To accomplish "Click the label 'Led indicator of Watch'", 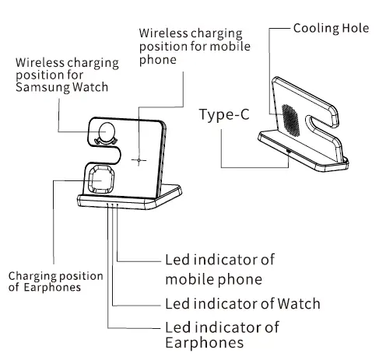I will tap(242, 302).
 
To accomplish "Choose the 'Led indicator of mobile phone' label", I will tap(219, 269).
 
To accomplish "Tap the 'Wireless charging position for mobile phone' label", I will tap(190, 47).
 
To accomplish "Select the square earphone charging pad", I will tap(100, 180).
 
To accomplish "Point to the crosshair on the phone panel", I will tap(139, 161).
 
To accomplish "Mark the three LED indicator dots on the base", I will tap(113, 205).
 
